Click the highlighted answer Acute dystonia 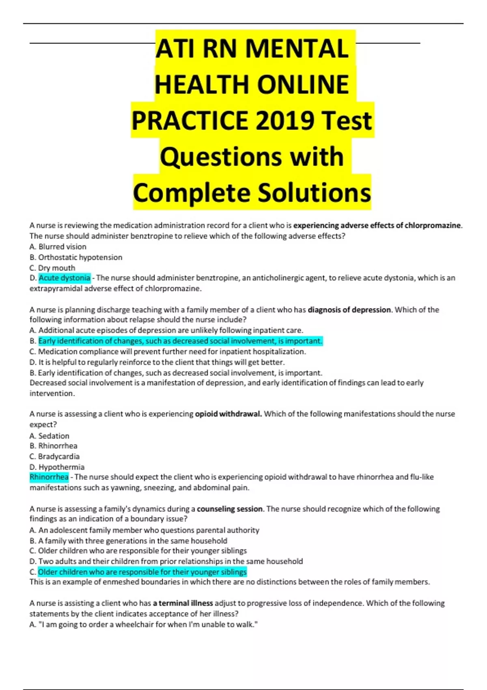65,278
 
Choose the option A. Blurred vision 58,246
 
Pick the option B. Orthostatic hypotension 76,257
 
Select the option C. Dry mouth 52,268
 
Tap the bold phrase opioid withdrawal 228,414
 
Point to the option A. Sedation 50,436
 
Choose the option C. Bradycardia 54,456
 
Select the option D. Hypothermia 57,467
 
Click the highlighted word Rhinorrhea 49,477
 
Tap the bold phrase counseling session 230,509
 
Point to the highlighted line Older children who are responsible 142,572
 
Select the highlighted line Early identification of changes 180,341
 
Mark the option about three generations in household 128,541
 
